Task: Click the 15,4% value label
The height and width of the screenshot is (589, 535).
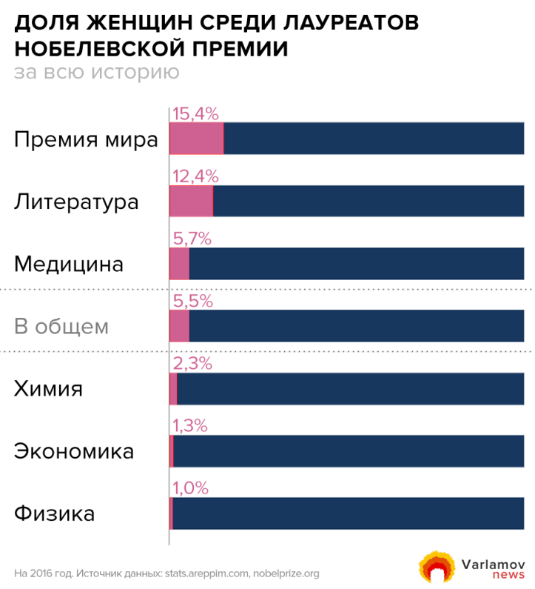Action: [x=195, y=114]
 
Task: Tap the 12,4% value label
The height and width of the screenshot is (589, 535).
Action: [x=195, y=176]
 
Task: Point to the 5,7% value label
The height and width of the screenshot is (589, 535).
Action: [x=192, y=239]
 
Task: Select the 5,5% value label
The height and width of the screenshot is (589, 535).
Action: [x=192, y=301]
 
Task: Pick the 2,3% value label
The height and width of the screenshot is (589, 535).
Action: [x=192, y=363]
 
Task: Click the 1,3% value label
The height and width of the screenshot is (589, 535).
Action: [x=190, y=425]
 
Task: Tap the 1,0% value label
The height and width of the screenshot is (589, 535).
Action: [x=190, y=487]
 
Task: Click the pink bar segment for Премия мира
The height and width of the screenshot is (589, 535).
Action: [x=196, y=139]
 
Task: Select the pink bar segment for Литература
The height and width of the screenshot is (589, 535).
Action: [x=191, y=201]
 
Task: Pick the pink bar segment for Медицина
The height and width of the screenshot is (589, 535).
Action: [x=179, y=263]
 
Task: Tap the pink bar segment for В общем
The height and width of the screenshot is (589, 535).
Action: [x=179, y=325]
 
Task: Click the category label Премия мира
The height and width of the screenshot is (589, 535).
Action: [x=86, y=139]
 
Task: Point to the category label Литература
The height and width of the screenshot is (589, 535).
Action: [x=76, y=202]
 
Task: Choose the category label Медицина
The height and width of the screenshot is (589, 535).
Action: [x=69, y=264]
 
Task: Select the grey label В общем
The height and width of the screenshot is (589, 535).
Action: [x=61, y=326]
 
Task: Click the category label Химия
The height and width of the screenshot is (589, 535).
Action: [x=48, y=388]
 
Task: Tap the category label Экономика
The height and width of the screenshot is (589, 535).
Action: [x=74, y=450]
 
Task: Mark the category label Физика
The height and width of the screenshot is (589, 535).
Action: [x=54, y=513]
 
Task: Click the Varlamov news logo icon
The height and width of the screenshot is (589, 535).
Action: [x=435, y=568]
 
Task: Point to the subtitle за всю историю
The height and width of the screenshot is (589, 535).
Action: [x=96, y=72]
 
